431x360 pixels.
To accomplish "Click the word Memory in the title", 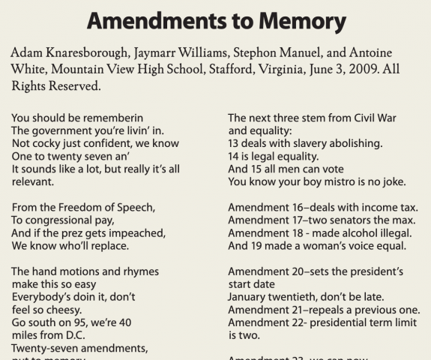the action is (296, 21).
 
